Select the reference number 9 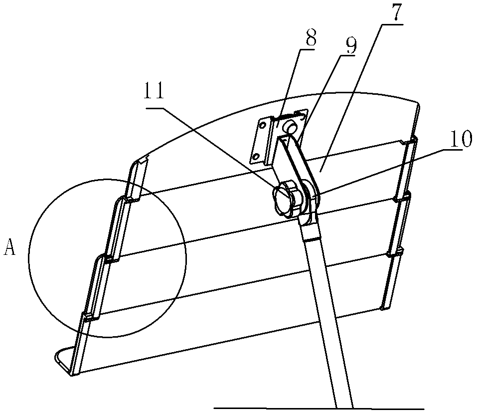tap(350, 45)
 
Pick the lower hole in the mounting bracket tap(256, 158)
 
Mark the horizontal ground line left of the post tap(274, 408)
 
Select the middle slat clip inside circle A tap(110, 258)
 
